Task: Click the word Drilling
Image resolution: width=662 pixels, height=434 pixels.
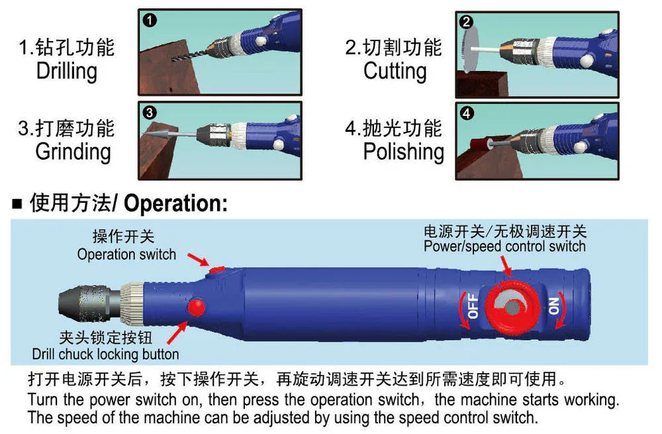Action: pos(66,72)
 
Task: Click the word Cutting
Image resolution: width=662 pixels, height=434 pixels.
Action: pos(395,72)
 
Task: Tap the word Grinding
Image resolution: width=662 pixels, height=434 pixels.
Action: pos(73,152)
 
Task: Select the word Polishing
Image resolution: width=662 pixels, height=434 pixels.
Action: pos(403,152)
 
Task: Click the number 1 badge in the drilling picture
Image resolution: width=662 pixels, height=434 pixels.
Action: pos(150,21)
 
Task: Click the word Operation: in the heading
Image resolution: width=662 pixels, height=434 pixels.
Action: pos(175,203)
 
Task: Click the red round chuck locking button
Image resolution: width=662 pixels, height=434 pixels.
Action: pos(197,307)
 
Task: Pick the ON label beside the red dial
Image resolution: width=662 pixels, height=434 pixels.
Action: pos(553,305)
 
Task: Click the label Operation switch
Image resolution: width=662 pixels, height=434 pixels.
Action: pos(126,254)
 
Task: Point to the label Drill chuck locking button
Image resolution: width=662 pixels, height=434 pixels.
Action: pos(105,354)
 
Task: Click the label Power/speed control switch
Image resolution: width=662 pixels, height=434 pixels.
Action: pos(504,246)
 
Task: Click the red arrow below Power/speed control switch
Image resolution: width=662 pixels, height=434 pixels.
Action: pos(507,265)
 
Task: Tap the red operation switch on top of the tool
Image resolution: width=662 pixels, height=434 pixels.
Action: pos(217,269)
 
